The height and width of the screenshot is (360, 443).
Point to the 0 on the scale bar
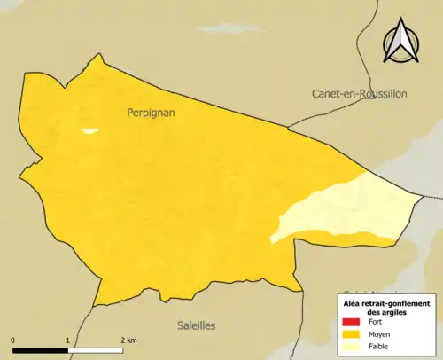coord(13,340)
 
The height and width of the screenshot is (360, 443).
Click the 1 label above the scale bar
coord(68,340)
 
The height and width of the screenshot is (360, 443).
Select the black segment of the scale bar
coord(41,349)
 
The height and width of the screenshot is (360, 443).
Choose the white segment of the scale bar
coord(96,349)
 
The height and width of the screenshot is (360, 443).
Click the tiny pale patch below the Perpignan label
coord(89,131)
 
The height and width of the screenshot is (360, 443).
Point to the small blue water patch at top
coord(232,29)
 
